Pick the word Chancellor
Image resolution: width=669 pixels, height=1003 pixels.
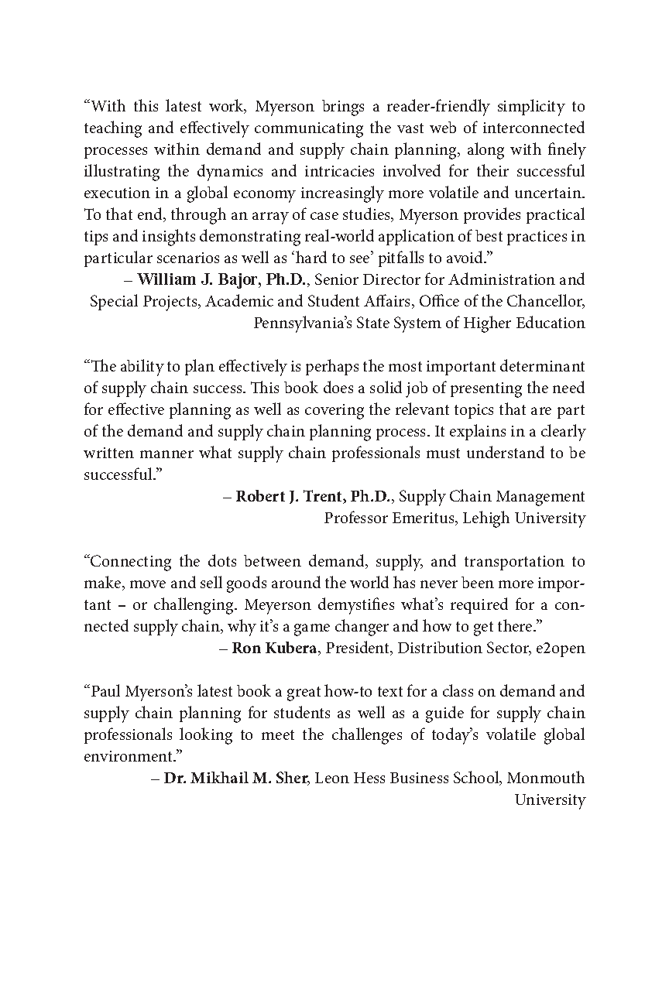point(546,301)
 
